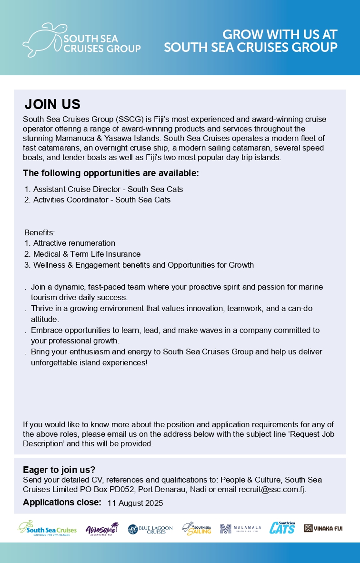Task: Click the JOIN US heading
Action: click(x=52, y=104)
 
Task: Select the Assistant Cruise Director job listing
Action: click(x=108, y=189)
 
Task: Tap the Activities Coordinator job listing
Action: click(x=101, y=200)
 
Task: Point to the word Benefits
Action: click(x=40, y=233)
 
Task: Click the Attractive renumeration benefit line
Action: click(x=74, y=243)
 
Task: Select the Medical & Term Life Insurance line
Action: click(x=87, y=254)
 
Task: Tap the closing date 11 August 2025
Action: click(x=135, y=503)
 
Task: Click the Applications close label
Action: click(x=62, y=503)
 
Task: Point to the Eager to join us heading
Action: click(x=59, y=470)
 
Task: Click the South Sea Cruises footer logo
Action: click(x=47, y=528)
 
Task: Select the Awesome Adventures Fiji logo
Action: click(x=102, y=528)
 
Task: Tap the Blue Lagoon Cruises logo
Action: click(x=150, y=529)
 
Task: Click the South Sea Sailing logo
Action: click(x=197, y=528)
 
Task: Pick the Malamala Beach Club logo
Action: click(x=240, y=528)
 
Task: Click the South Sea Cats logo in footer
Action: click(x=282, y=528)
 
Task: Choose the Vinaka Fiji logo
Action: click(x=323, y=528)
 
